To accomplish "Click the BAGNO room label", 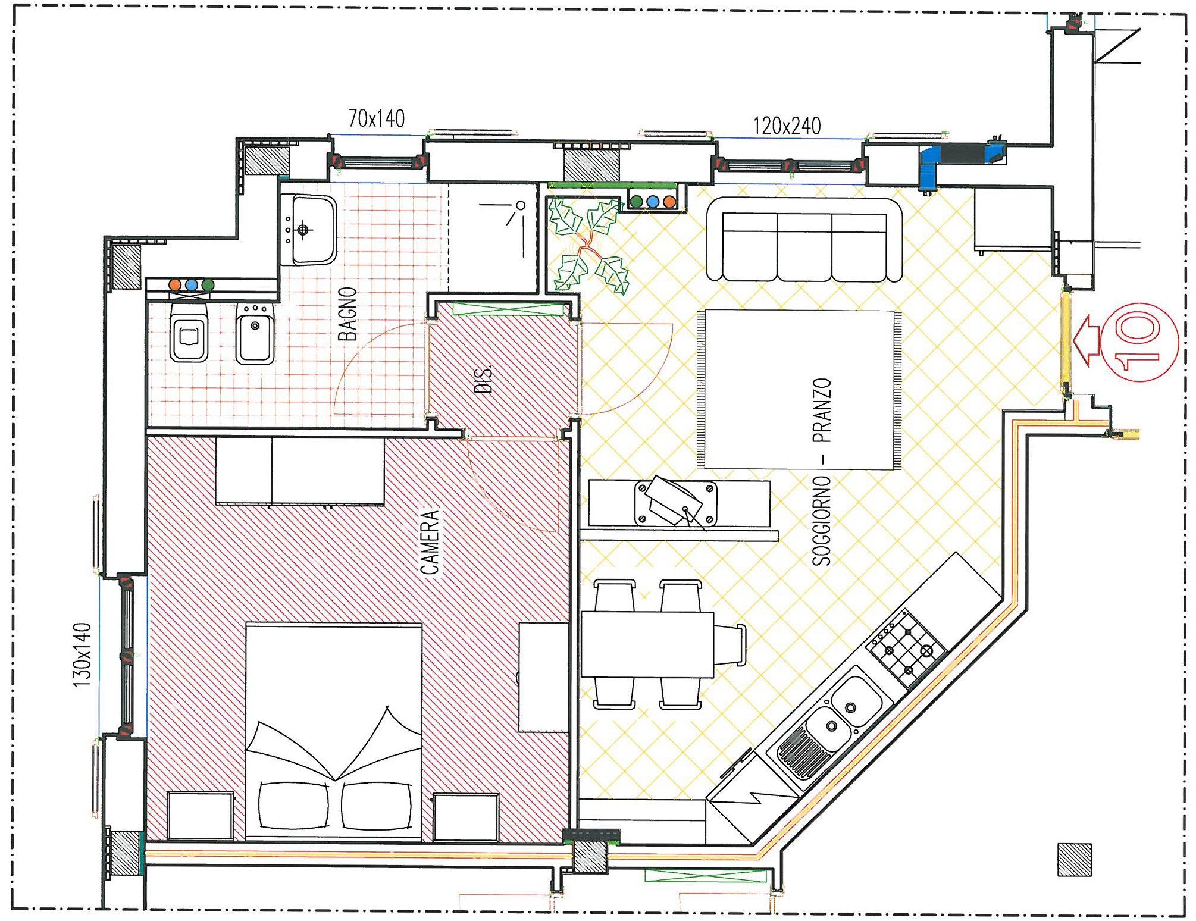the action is (347, 314).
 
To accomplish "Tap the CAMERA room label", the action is (430, 542).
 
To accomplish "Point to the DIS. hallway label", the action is (484, 378).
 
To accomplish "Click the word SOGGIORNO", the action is (822, 520).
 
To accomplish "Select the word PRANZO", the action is (822, 411).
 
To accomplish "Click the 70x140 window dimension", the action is (376, 118).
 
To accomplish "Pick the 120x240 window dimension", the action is (787, 126).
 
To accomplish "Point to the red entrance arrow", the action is (1087, 340).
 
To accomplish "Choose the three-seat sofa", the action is (804, 240).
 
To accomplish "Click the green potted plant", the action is (587, 246).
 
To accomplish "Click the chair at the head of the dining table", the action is (730, 645).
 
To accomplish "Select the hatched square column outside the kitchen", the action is (1075, 860).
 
